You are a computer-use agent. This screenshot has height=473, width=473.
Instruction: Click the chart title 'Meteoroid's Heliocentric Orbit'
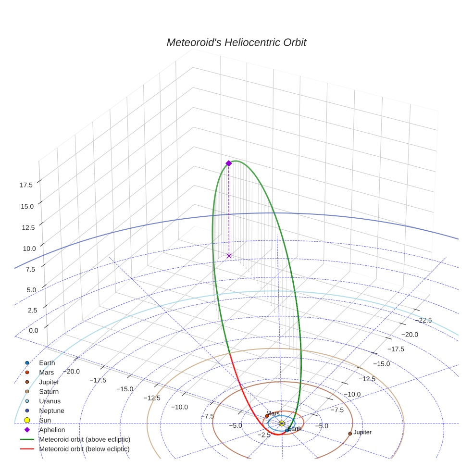[236, 42]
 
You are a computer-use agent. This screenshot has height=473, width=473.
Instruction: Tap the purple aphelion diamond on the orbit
[229, 163]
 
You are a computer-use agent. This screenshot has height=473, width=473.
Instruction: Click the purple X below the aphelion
[229, 256]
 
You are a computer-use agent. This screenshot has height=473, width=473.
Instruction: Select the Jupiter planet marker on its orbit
[350, 434]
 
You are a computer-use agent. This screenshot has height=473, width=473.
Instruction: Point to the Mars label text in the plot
[273, 413]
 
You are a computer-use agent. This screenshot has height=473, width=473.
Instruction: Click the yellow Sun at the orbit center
[282, 423]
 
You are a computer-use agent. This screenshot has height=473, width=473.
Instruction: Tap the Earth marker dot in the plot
[287, 430]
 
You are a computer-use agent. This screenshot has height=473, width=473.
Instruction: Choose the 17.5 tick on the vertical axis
[26, 185]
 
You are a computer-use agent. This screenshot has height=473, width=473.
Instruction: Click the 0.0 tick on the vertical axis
[34, 331]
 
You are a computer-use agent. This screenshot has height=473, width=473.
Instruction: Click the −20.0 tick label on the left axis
[70, 371]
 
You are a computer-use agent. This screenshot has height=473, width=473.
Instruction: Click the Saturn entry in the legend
[49, 392]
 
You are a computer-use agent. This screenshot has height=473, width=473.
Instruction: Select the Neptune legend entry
[51, 411]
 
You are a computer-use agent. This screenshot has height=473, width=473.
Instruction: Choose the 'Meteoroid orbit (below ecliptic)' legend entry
[84, 449]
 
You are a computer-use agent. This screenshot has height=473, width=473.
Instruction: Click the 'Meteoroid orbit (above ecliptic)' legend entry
[85, 439]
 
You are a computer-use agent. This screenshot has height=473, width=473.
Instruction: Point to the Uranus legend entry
[50, 401]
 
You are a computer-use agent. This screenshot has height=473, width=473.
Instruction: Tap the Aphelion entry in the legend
[52, 430]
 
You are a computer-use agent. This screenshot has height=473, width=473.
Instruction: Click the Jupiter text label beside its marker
[362, 433]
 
